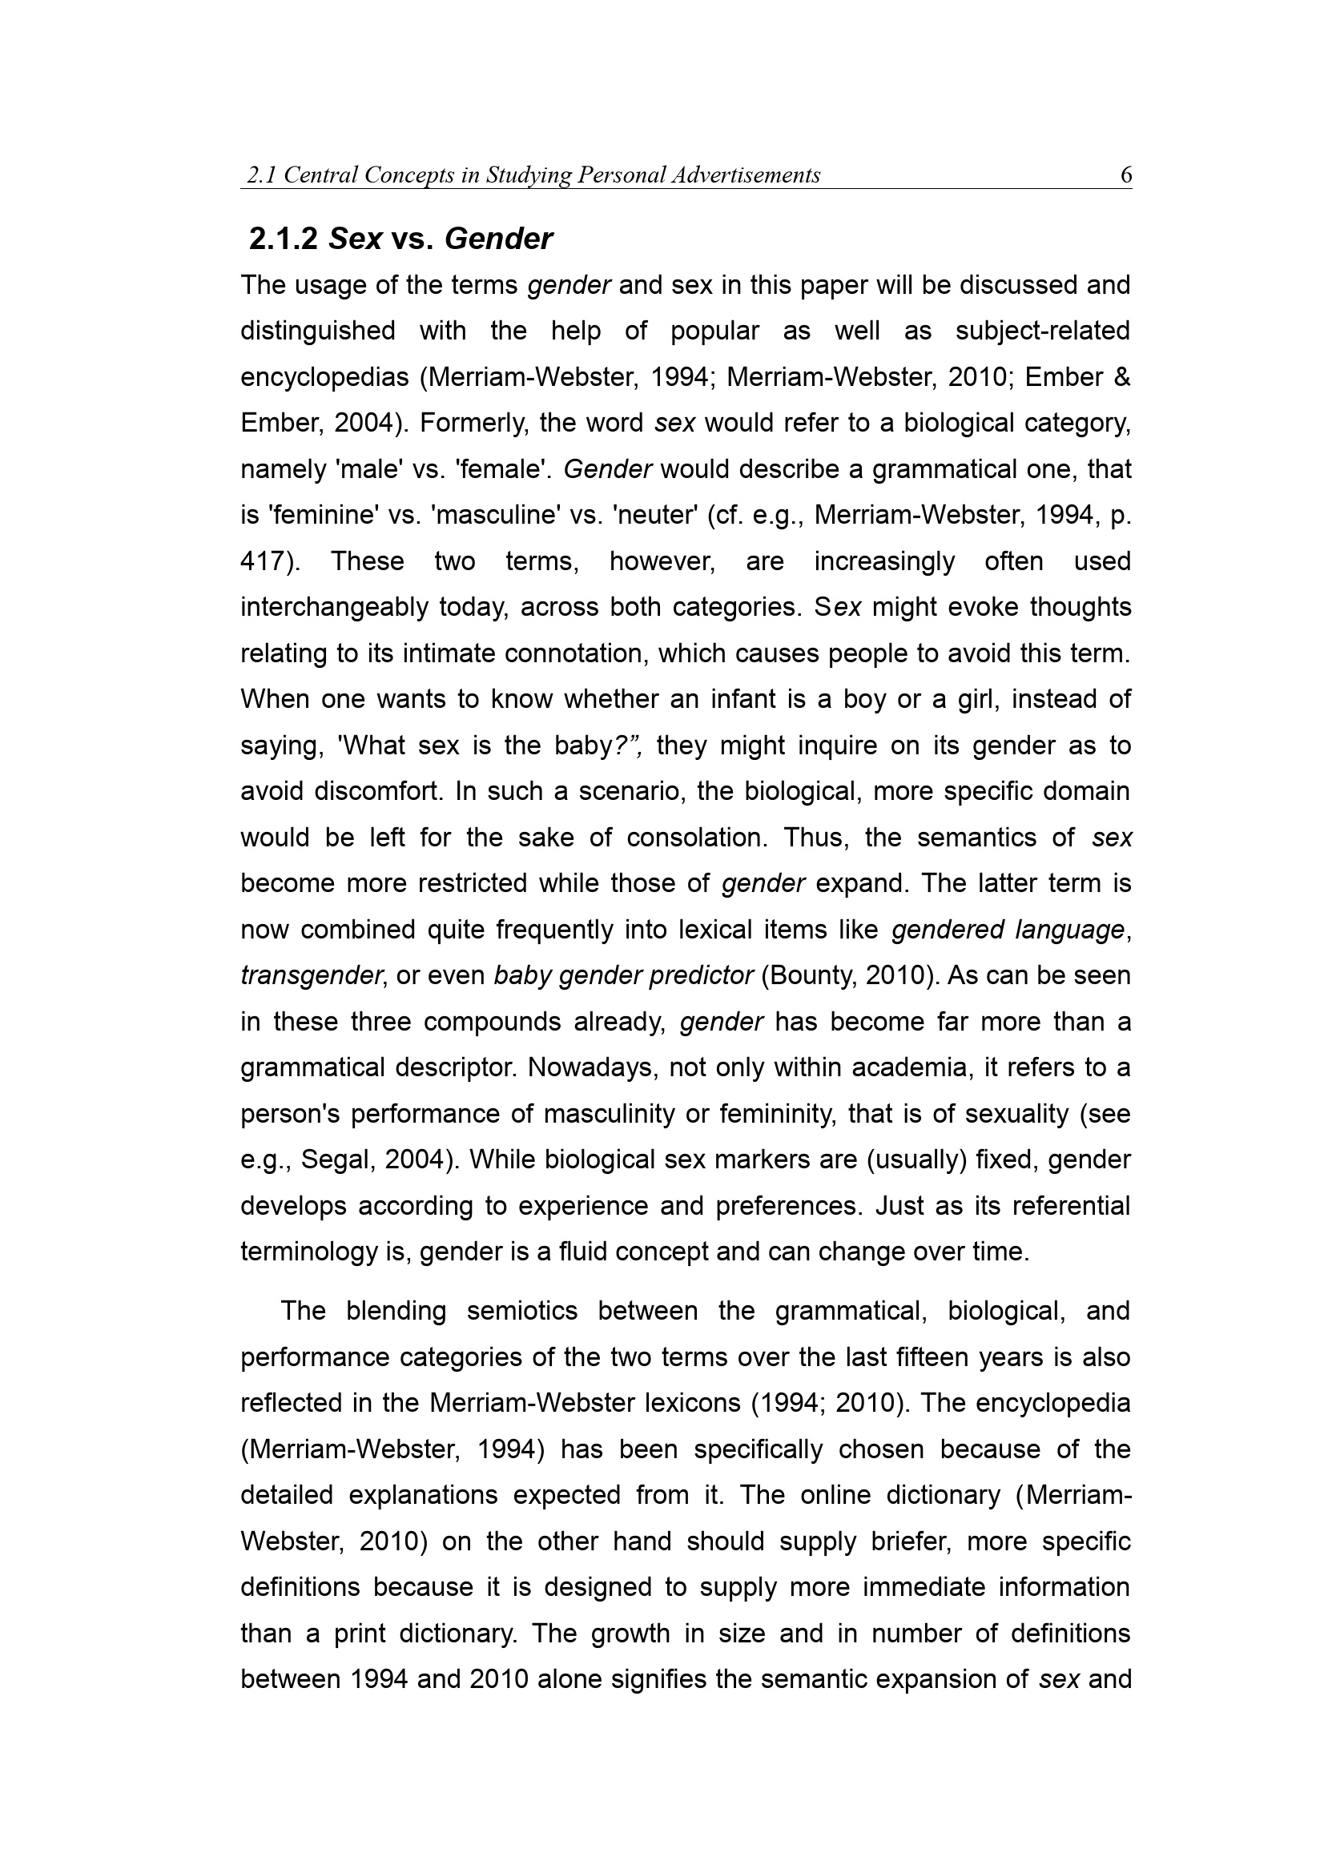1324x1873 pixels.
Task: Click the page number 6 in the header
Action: (x=1126, y=175)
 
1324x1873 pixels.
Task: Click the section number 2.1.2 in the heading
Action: (x=283, y=239)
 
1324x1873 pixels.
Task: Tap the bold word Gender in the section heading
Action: (x=498, y=239)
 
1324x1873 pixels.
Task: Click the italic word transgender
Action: (x=312, y=975)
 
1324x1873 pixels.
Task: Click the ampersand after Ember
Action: (x=1121, y=377)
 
